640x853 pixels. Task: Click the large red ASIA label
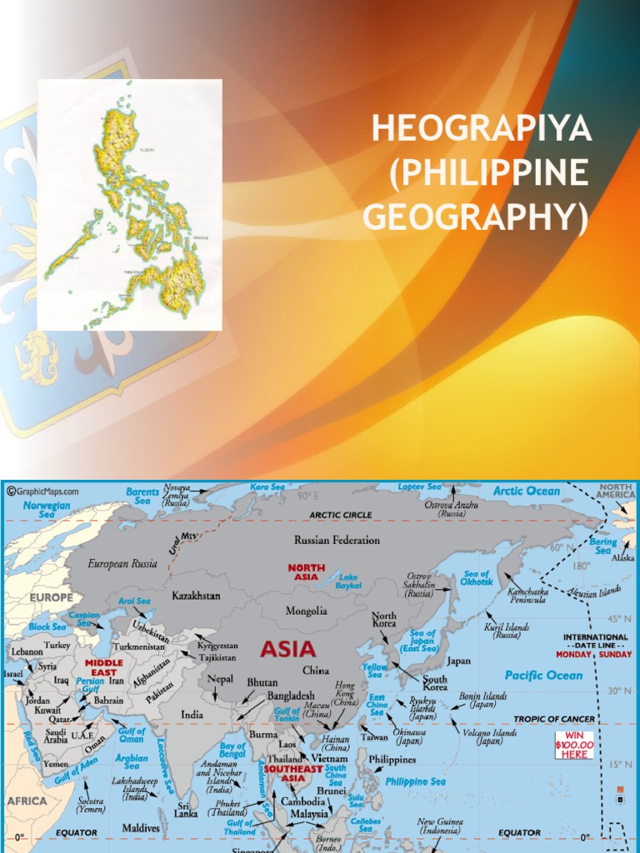(x=287, y=648)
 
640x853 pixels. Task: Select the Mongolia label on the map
(x=307, y=611)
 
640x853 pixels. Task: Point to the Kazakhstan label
(x=197, y=596)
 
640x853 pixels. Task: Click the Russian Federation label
(x=337, y=540)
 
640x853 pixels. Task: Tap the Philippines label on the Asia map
(x=392, y=760)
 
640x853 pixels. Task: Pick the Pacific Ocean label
(x=543, y=675)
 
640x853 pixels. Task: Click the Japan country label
(x=459, y=661)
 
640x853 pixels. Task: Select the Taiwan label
(x=374, y=736)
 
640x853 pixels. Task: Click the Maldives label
(x=141, y=828)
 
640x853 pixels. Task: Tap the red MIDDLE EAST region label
(x=104, y=667)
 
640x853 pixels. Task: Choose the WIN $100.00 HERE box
(x=574, y=744)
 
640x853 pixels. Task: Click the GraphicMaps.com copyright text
(x=43, y=491)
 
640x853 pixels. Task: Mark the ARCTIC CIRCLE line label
(x=341, y=515)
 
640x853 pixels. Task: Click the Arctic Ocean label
(x=527, y=491)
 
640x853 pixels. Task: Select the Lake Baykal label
(x=348, y=581)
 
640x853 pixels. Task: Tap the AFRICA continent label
(x=27, y=801)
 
